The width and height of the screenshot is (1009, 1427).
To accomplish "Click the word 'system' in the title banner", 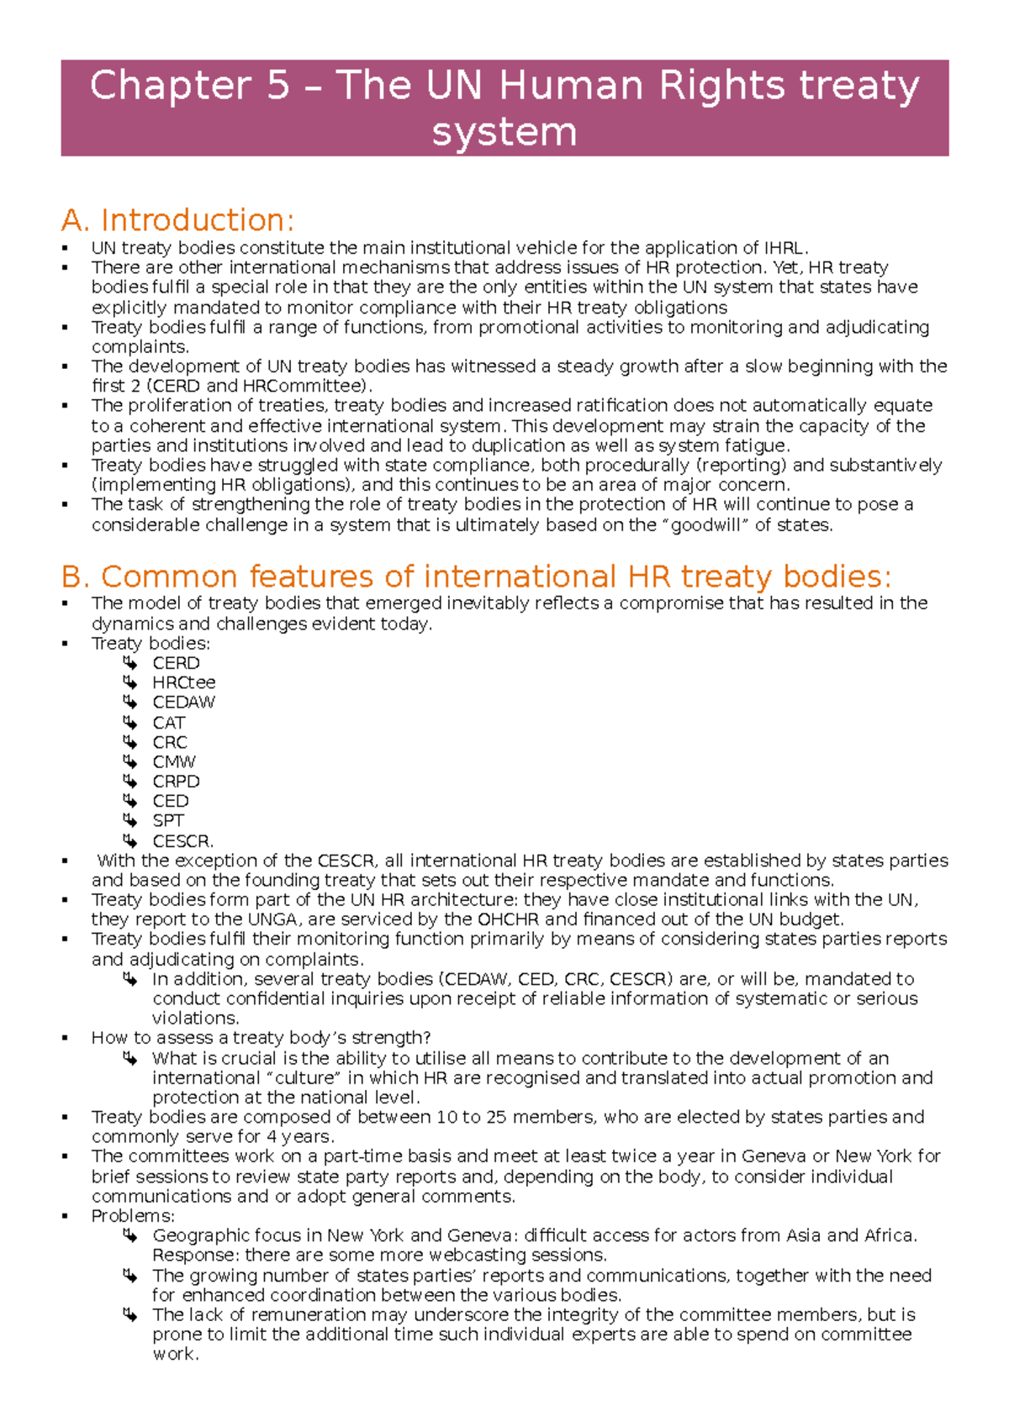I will (504, 132).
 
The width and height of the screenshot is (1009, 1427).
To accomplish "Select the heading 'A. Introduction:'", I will (177, 220).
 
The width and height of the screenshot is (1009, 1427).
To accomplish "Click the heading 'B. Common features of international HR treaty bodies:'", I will (476, 577).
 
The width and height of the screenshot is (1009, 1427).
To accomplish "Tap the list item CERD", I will (176, 663).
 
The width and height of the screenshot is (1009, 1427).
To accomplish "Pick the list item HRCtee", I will (183, 682).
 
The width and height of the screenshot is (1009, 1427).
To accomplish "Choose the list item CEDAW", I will (183, 703).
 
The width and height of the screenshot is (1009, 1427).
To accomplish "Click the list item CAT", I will (168, 723).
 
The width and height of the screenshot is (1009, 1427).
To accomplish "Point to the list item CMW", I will (173, 761).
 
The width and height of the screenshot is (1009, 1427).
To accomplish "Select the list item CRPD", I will (176, 782).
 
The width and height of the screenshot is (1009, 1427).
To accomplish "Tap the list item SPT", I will (167, 820).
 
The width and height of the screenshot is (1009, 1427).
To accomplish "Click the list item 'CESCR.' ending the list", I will (182, 840).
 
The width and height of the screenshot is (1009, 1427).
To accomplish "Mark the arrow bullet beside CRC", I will (129, 742).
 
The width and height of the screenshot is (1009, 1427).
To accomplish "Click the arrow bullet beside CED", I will (129, 801).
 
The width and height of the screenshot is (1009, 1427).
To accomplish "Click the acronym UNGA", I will (272, 919).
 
